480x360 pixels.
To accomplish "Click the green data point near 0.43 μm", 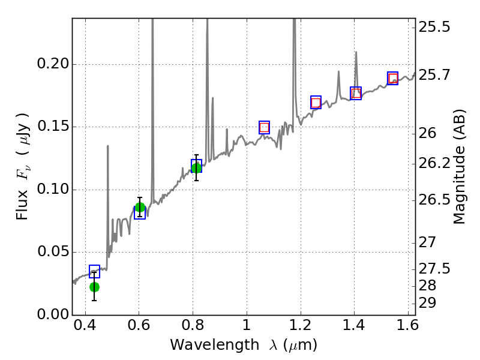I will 94,287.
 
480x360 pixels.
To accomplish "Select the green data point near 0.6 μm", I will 140,208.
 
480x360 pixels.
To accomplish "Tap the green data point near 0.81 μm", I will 196,167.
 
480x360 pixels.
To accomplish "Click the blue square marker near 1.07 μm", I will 264,127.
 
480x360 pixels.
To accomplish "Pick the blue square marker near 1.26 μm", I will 316,102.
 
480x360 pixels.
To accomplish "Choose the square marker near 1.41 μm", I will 356,93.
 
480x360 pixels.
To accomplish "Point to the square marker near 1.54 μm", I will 392,78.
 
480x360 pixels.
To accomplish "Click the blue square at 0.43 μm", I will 94,271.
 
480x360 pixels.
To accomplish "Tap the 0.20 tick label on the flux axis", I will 52,65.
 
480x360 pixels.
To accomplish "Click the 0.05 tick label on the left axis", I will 52,253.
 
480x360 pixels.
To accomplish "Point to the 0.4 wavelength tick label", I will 85,328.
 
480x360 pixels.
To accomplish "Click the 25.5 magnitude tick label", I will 434,27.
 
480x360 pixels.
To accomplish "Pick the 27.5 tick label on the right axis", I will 434,268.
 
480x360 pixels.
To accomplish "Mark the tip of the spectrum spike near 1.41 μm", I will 356,52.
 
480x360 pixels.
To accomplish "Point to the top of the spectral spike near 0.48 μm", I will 108,146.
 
